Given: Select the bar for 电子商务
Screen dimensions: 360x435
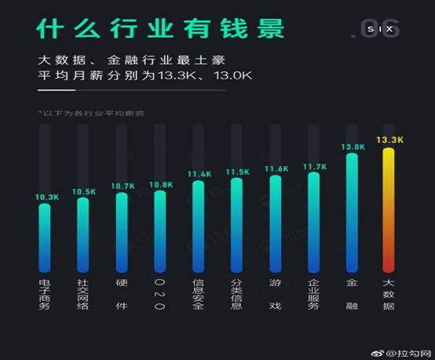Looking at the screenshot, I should (44, 236).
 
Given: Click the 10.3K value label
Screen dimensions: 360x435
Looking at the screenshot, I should (46, 197).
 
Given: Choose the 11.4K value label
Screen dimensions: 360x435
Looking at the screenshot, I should (199, 174).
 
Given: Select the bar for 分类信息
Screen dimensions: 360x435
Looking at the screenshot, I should (236, 224).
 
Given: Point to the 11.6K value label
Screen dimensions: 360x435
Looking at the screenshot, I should (276, 168).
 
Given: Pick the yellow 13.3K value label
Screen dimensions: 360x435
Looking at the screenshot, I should (389, 139).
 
